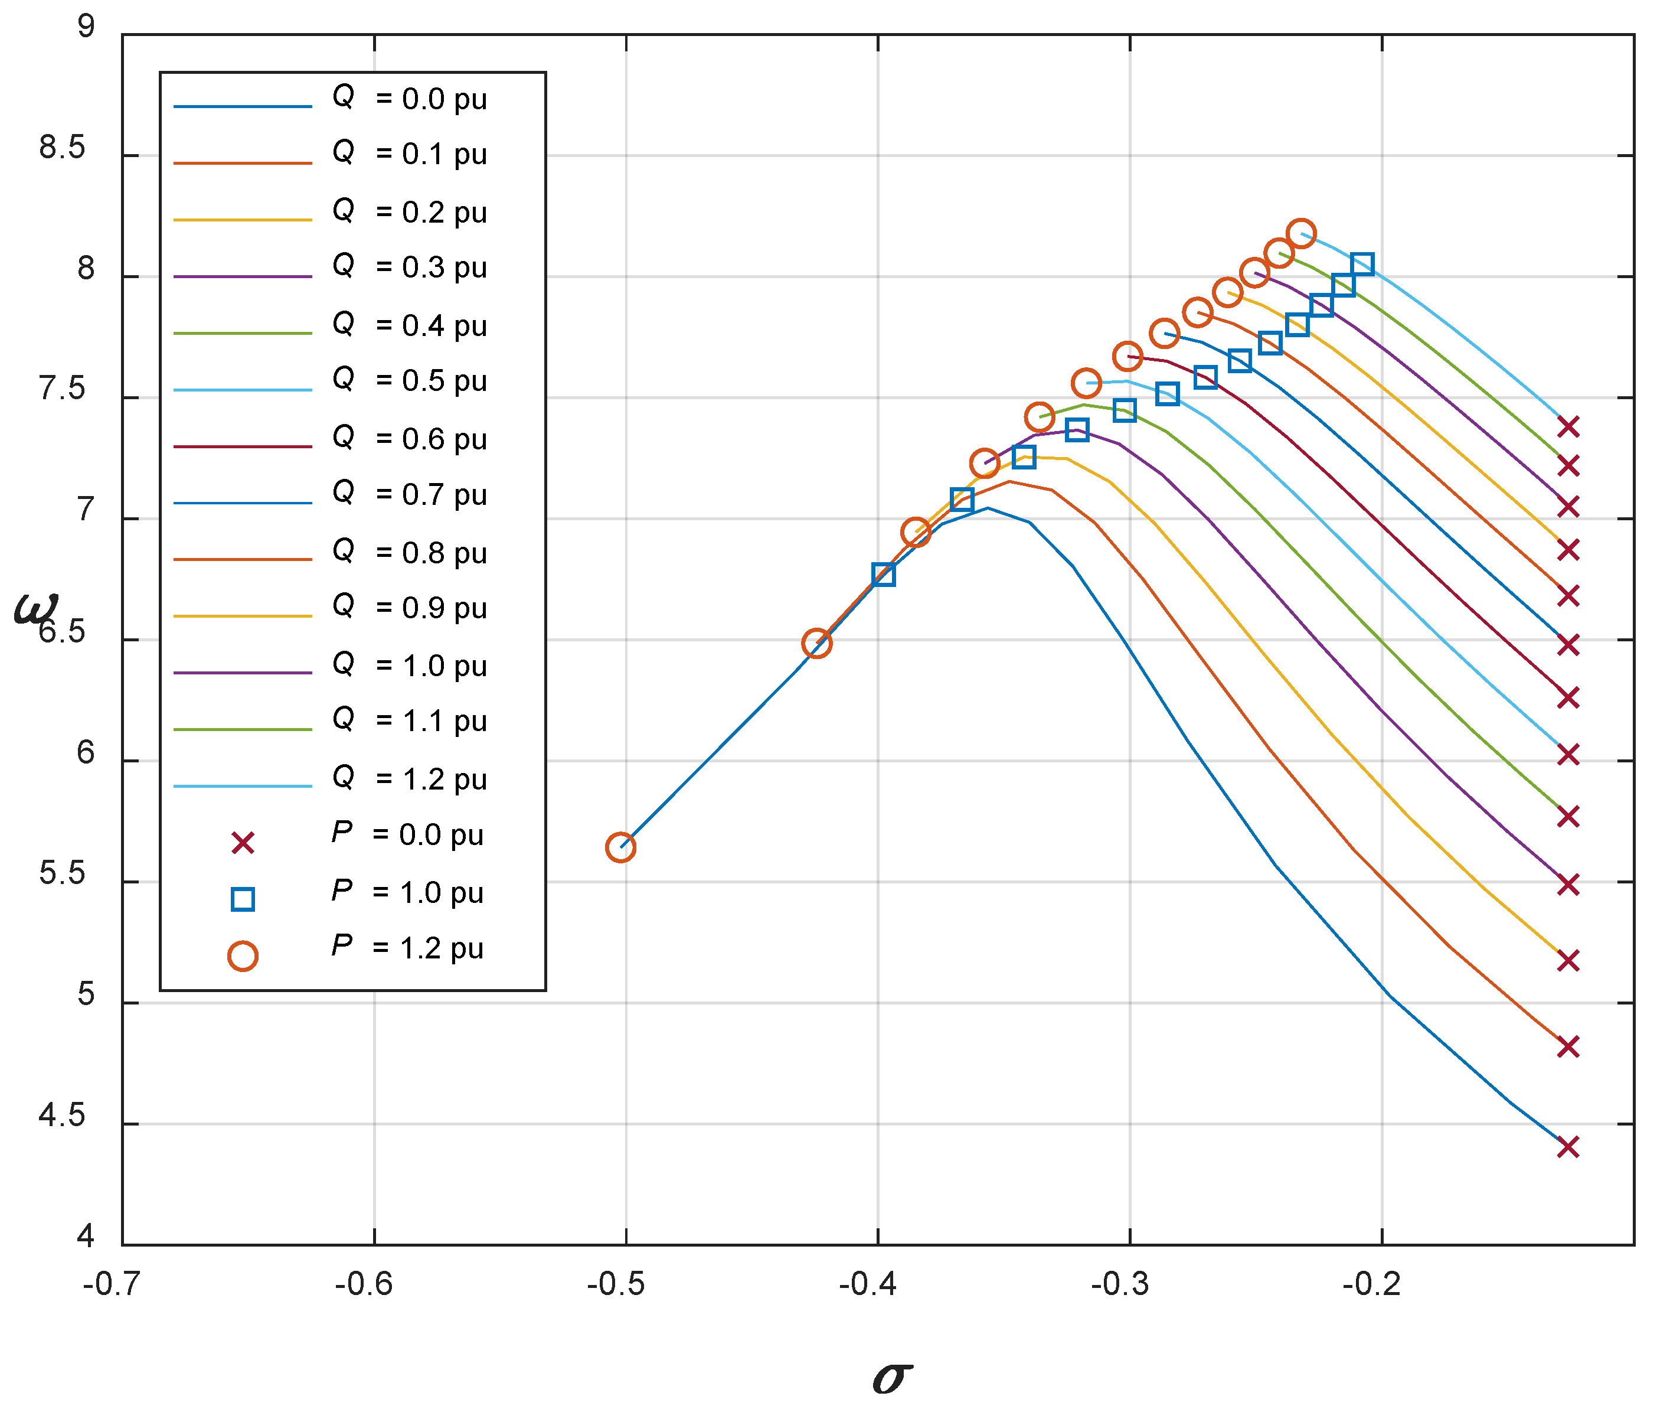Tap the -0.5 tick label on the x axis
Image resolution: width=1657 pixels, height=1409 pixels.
[x=616, y=1284]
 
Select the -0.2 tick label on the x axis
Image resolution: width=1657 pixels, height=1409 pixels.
[x=1371, y=1284]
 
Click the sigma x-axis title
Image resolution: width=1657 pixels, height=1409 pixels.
[x=892, y=1377]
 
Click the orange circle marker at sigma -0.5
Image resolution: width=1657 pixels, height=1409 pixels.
[x=620, y=847]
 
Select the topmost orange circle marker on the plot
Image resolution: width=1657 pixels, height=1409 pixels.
[x=1302, y=233]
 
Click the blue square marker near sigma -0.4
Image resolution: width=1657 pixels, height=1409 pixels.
[x=883, y=575]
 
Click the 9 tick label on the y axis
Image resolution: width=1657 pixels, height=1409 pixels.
[x=86, y=27]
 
